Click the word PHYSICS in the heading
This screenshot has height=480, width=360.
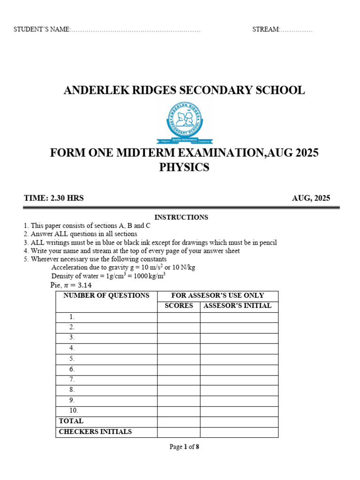pos(184,167)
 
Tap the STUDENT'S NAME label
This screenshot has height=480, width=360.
pos(42,30)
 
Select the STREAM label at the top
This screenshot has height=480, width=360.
pos(266,30)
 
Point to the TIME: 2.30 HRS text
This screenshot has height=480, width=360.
pos(54,198)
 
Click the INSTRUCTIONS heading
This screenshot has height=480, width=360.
pos(181,217)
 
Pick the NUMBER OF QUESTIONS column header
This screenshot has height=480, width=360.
pos(106,295)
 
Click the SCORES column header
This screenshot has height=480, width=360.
pos(179,306)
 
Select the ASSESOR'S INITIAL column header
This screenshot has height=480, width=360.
pos(239,306)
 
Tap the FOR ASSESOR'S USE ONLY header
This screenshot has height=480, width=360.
pos(217,295)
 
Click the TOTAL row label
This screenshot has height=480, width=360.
pos(71,421)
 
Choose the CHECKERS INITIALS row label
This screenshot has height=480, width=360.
pos(95,432)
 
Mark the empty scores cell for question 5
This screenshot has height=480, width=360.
pos(179,359)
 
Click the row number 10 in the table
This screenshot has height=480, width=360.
pos(74,410)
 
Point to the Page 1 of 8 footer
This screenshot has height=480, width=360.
pos(184,447)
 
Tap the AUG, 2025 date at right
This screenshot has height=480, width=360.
pos(311,198)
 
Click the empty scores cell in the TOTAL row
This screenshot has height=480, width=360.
pos(179,421)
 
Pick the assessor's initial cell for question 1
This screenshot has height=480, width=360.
pos(239,317)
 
